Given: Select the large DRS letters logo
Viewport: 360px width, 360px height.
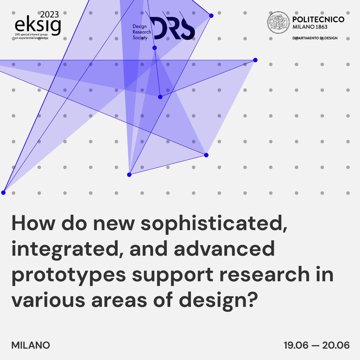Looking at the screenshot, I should [172, 28].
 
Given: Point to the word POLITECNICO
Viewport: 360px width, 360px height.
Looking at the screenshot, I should [318, 20].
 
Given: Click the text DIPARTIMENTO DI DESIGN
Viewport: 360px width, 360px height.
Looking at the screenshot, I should [315, 38].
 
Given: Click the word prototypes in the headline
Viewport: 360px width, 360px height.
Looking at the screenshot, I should [68, 275].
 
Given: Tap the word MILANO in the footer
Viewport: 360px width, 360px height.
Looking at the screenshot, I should [31, 345].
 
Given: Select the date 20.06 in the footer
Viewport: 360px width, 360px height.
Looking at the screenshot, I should [336, 345].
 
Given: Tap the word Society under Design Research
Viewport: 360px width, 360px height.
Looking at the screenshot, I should [140, 38].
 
